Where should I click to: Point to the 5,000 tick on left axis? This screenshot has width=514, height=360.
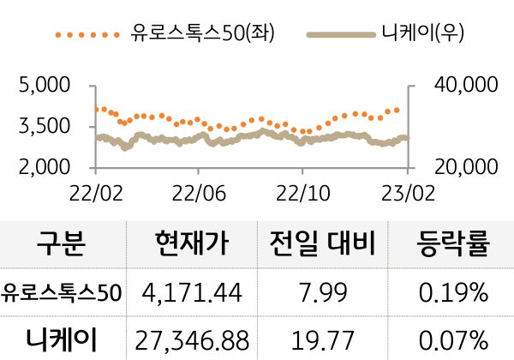pos(44,86)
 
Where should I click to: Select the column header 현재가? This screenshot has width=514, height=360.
pos(194,245)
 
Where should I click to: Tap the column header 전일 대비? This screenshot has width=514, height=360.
pos(323,245)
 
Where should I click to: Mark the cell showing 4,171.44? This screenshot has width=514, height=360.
pos(194,292)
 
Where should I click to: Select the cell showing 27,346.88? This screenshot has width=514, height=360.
pos(194,339)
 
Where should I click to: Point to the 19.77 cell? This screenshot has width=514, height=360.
pos(323,339)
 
